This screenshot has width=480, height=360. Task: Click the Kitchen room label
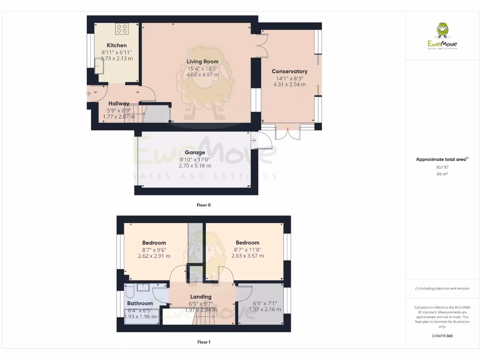point(116,45)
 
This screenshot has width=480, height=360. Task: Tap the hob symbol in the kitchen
point(121,29)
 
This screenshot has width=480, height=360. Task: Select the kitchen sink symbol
point(100,68)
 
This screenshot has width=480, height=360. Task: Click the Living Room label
point(202,61)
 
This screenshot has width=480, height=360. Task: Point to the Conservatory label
point(289,72)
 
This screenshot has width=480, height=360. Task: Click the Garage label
point(195,152)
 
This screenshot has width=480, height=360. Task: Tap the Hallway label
point(119,104)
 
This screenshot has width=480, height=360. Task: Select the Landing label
point(201,297)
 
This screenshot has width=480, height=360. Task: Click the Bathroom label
point(140,303)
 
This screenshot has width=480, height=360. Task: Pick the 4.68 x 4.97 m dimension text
point(202,75)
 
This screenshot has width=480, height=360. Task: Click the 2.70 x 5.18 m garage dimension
point(195,165)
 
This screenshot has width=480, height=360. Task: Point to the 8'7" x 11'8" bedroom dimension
point(247,249)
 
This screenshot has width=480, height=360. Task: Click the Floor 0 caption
point(203,205)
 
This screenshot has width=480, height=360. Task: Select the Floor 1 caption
point(203,342)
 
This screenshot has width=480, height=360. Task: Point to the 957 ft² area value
point(442,167)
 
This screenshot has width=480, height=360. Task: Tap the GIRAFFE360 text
point(442,336)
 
